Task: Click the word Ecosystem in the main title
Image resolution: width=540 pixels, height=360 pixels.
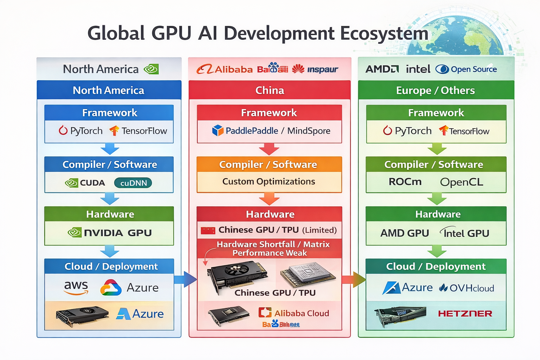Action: click(x=384, y=34)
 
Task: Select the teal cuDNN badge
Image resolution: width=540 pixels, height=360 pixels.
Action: click(x=133, y=183)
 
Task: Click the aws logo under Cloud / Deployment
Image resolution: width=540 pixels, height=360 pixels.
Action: click(x=76, y=287)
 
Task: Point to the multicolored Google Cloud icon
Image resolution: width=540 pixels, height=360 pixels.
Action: click(x=111, y=288)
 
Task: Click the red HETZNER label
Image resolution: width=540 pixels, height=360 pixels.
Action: click(x=465, y=313)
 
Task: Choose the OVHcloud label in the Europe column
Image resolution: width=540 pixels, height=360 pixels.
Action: click(x=467, y=288)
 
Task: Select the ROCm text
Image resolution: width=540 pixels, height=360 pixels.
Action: click(x=405, y=182)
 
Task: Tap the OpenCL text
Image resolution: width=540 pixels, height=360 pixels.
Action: click(x=461, y=182)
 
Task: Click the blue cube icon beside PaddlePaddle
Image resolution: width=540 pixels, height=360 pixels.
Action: click(x=218, y=130)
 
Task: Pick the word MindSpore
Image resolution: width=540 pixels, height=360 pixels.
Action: click(x=309, y=131)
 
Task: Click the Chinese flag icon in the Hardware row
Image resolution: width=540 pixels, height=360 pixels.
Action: click(x=208, y=231)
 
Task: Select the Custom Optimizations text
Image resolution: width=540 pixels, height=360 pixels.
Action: click(x=269, y=181)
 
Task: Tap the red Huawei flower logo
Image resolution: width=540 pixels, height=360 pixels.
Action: click(x=298, y=69)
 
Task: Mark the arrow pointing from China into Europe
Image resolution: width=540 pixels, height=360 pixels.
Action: click(x=354, y=279)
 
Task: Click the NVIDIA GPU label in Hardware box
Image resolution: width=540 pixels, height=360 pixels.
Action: click(x=117, y=233)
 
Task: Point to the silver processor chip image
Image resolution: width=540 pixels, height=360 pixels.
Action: click(x=308, y=274)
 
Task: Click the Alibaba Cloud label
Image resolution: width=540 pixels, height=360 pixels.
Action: click(x=301, y=313)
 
